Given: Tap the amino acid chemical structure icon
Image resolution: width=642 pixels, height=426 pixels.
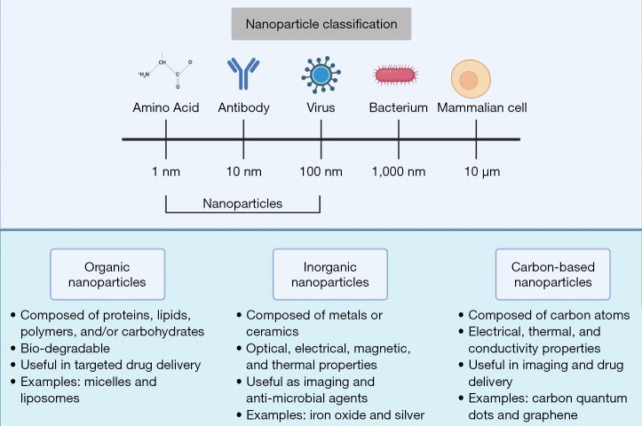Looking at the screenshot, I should [166, 75].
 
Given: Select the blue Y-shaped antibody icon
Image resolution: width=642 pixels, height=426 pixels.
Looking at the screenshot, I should [243, 75].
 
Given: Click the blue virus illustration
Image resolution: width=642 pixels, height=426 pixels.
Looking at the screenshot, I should [321, 75].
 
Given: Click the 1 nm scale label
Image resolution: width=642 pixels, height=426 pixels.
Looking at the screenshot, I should [166, 171].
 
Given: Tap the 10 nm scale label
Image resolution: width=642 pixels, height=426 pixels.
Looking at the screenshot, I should [243, 171].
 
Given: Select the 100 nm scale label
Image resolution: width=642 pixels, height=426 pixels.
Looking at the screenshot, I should [321, 171].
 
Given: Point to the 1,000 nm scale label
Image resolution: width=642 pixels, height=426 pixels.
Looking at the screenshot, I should [398, 171].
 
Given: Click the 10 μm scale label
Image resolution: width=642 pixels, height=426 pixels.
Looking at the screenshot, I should [476, 171].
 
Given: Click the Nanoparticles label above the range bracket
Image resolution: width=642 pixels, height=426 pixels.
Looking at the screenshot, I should [242, 203].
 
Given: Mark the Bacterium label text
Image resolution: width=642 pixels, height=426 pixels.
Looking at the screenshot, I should [398, 109].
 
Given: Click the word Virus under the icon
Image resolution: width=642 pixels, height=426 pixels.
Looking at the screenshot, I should [321, 109].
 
